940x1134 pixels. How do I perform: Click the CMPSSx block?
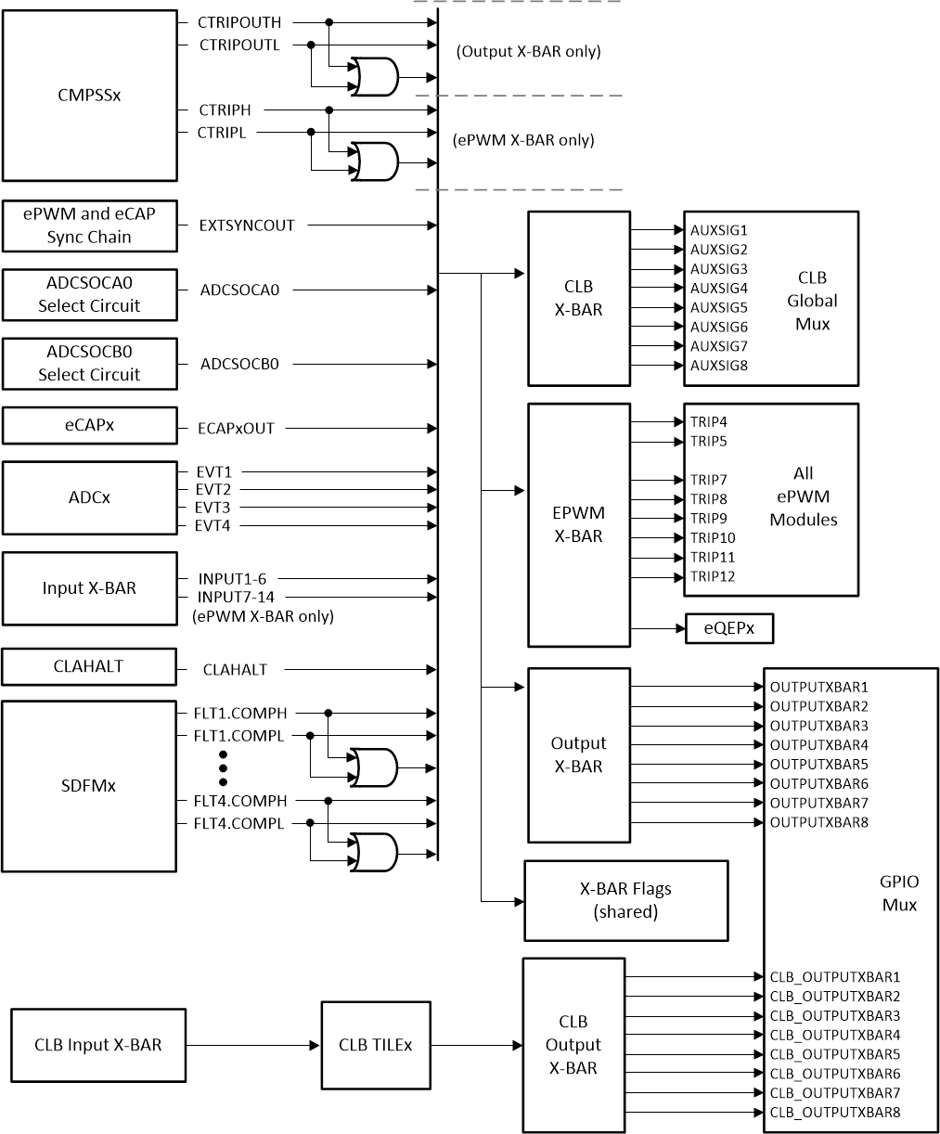click(x=89, y=96)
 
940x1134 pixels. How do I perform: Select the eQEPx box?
click(x=728, y=628)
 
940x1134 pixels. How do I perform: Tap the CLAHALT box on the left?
click(x=89, y=666)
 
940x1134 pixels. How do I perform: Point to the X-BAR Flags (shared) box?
click(x=625, y=900)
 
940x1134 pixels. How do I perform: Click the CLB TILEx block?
click(x=376, y=1045)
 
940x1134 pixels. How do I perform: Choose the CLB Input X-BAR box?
click(x=98, y=1045)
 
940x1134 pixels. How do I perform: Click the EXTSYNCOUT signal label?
click(x=247, y=225)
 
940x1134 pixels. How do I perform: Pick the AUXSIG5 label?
click(x=717, y=307)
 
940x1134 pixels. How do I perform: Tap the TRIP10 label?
click(x=713, y=537)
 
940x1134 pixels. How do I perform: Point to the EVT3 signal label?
click(x=213, y=508)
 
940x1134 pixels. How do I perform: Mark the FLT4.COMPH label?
click(x=239, y=801)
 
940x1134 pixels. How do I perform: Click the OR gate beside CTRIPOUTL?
click(x=372, y=78)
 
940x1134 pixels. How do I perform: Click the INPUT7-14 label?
click(x=236, y=597)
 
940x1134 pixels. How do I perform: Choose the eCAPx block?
click(x=89, y=426)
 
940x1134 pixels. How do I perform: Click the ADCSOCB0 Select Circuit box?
click(x=89, y=364)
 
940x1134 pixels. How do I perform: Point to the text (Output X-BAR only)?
click(x=528, y=51)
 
